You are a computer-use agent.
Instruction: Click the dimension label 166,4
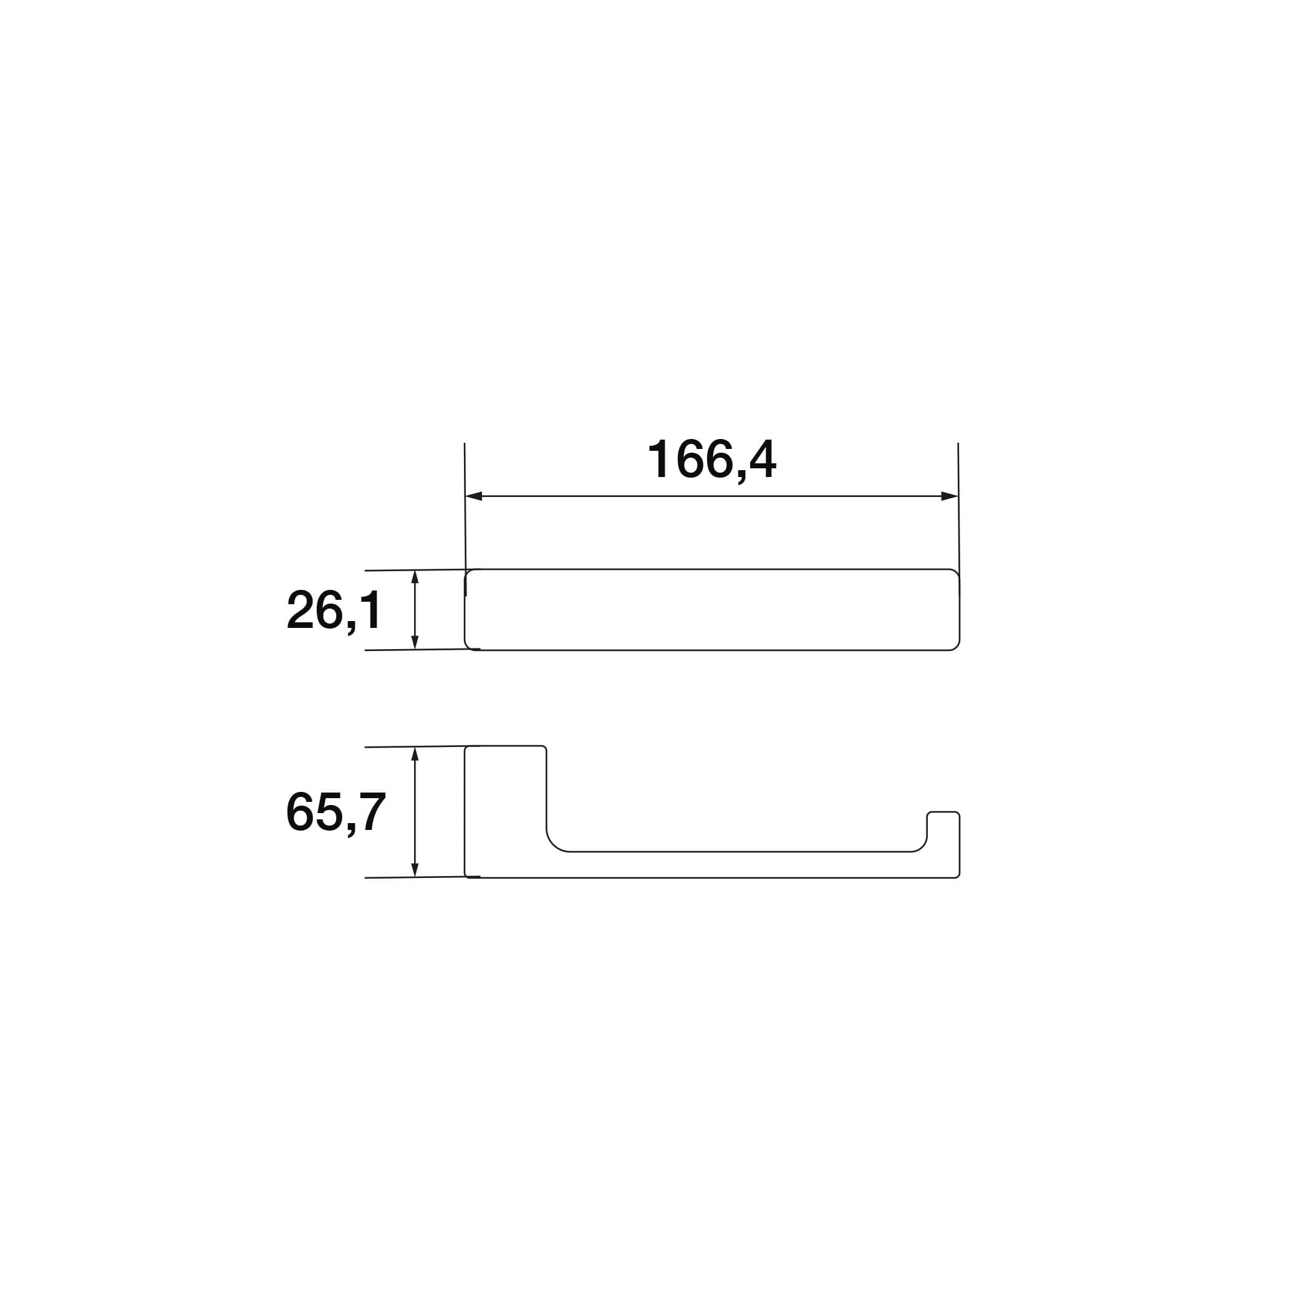tap(711, 460)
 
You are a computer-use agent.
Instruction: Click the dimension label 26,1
tap(334, 610)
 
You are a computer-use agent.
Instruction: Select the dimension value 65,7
tap(335, 812)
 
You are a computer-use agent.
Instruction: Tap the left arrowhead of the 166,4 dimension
tap(474, 496)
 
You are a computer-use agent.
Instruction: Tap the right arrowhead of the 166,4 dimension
tap(949, 496)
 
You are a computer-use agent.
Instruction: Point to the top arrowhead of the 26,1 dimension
tap(415, 579)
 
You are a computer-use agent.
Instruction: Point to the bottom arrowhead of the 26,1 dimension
tap(415, 641)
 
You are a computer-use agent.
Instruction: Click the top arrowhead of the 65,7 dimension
tap(415, 756)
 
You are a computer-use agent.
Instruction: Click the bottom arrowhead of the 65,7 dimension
tap(415, 868)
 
